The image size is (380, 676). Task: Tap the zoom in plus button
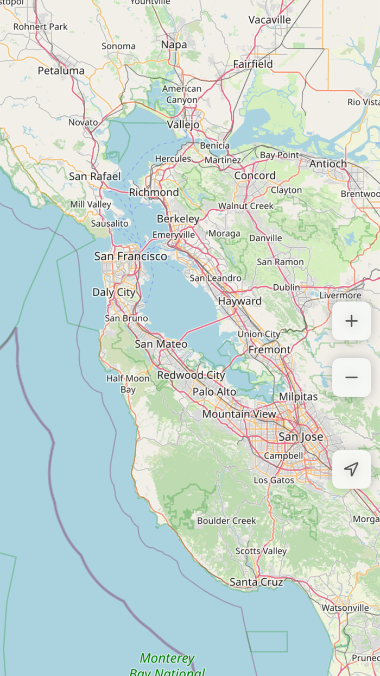tap(352, 321)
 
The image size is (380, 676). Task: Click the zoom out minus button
tap(352, 377)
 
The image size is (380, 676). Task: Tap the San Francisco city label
tap(131, 256)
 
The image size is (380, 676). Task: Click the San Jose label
tap(301, 436)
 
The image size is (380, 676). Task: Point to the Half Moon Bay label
tap(128, 384)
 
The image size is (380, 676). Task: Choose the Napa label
tap(174, 45)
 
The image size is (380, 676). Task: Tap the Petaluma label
tap(61, 70)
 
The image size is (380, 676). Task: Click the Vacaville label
tap(270, 20)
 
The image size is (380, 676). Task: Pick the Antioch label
tap(328, 164)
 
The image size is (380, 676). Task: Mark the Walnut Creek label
tap(246, 206)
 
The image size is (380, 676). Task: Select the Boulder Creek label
tap(226, 521)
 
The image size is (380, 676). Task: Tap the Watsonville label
tap(345, 608)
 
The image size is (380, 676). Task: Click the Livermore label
tap(340, 295)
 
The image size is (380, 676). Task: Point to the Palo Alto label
tap(214, 391)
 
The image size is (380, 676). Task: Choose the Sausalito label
tap(110, 223)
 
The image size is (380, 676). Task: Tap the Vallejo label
tap(183, 124)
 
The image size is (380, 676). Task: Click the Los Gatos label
tap(274, 480)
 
